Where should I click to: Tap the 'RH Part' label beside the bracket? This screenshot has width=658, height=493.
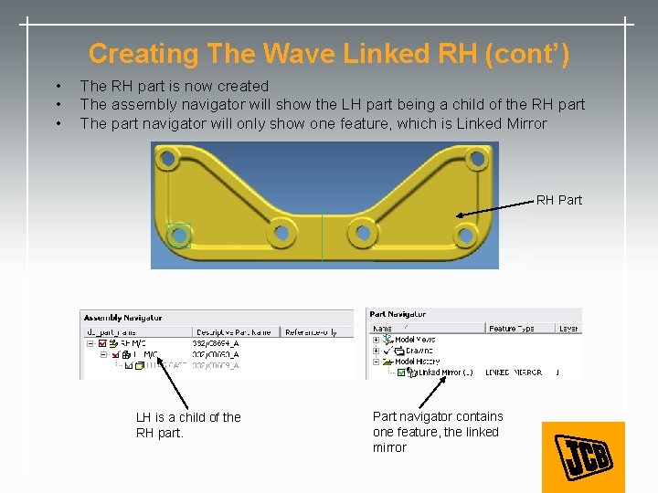click(558, 200)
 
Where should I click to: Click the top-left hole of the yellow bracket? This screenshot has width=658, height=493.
click(166, 161)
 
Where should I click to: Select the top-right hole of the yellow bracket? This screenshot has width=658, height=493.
click(476, 160)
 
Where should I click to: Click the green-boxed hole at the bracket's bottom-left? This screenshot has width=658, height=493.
click(179, 235)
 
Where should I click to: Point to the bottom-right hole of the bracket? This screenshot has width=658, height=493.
click(465, 235)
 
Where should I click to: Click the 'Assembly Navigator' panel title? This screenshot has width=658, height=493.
click(122, 318)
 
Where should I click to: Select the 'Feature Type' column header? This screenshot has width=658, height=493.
click(516, 329)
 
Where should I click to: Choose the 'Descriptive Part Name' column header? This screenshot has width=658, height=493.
click(235, 331)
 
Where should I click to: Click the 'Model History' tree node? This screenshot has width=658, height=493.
click(417, 362)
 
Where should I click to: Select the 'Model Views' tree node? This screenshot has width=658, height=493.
click(415, 340)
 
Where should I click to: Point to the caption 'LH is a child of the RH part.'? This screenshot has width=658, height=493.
click(188, 425)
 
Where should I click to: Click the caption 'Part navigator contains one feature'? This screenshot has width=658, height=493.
click(437, 432)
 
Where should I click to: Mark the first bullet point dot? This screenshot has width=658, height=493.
click(59, 87)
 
